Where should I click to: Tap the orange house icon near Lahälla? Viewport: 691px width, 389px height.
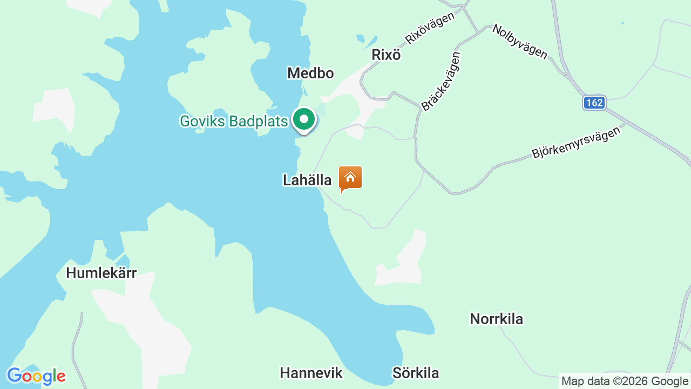click(x=350, y=178)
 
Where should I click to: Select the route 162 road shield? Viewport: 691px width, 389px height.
click(x=594, y=103)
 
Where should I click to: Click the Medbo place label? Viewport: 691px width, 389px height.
click(x=310, y=73)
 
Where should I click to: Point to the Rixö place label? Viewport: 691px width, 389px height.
click(x=386, y=55)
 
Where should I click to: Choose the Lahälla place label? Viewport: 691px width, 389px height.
click(x=307, y=180)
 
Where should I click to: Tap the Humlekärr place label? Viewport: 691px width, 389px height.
click(x=101, y=273)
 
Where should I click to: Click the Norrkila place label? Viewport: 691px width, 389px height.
click(x=496, y=319)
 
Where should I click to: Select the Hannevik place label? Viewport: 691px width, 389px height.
click(x=311, y=373)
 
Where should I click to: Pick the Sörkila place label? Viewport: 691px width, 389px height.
click(x=415, y=373)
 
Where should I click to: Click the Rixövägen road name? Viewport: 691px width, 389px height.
click(x=430, y=28)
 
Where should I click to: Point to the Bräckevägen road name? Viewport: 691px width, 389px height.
click(x=441, y=82)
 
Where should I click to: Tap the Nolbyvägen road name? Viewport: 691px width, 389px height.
click(x=519, y=42)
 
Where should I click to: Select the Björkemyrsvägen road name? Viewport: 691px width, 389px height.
click(x=576, y=143)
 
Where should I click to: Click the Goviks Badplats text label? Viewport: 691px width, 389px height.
click(x=234, y=121)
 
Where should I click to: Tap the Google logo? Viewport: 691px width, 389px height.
click(x=36, y=376)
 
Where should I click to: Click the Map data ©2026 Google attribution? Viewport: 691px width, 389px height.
click(x=625, y=381)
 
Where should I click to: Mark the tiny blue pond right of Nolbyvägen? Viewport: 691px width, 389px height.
click(x=622, y=23)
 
